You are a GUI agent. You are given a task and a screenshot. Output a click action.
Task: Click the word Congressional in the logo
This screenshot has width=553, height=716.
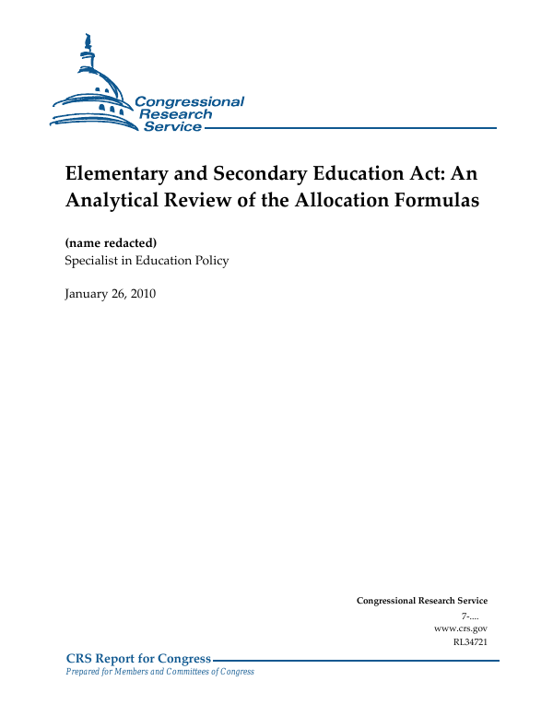[x=189, y=101]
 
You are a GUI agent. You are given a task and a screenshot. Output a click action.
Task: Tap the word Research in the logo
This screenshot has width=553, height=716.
[x=175, y=114]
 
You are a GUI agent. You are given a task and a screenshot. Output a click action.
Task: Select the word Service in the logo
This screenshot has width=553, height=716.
[x=172, y=126]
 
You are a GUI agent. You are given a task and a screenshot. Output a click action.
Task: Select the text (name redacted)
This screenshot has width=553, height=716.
[x=111, y=242]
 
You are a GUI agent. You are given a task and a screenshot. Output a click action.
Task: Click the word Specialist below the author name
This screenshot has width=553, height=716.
[x=92, y=261]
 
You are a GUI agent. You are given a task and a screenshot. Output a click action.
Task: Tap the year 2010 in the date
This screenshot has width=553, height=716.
[x=143, y=294]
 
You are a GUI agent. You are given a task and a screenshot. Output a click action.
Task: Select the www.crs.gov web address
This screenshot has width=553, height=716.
[x=460, y=628]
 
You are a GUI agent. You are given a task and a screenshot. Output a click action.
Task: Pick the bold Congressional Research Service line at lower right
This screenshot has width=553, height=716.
[x=421, y=601]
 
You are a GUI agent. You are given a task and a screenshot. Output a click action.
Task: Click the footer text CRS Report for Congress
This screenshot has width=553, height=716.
[x=138, y=658]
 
